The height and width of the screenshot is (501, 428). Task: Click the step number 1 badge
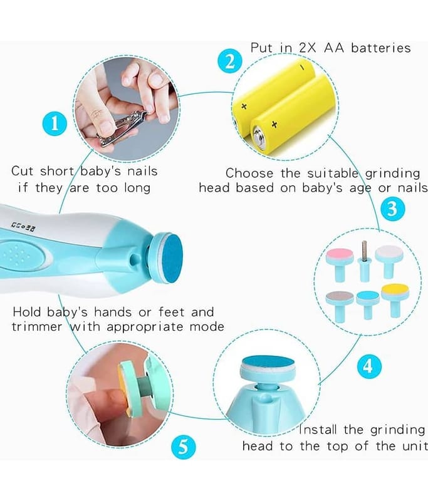point(55,123)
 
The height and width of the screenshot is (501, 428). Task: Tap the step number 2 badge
point(230,61)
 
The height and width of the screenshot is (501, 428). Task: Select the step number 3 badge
point(393,209)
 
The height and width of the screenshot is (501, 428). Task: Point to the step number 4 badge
point(369,366)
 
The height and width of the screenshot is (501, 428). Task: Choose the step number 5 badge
point(184,447)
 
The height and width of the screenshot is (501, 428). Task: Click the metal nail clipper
point(122,128)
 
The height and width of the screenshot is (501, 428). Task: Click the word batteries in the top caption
point(381,48)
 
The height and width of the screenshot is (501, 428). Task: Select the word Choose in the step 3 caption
point(249,173)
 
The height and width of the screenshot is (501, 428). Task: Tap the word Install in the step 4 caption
point(318,430)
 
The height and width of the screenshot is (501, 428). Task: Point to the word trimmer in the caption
point(37,326)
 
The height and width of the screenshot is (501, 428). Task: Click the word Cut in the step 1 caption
point(22,171)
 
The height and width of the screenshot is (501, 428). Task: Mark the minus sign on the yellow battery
point(301,68)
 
